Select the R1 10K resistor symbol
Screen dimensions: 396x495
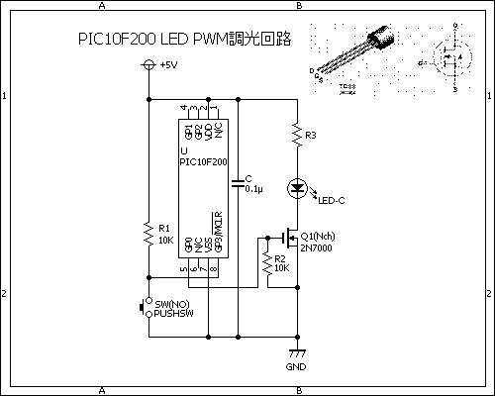148,234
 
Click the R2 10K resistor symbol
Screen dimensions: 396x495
266,263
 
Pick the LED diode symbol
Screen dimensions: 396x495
296,187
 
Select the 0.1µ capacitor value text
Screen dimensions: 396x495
254,188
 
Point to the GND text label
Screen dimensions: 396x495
296,367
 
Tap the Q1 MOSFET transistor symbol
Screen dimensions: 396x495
290,238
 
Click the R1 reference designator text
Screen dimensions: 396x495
164,228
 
